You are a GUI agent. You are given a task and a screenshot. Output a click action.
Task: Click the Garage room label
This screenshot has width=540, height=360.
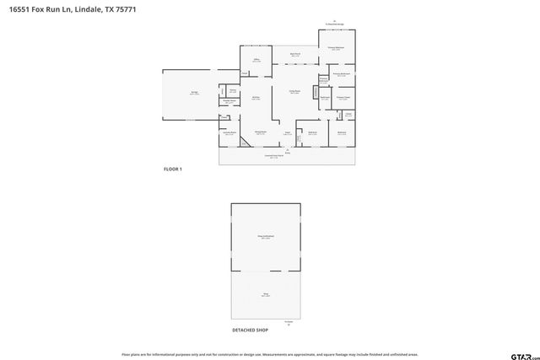[194, 94]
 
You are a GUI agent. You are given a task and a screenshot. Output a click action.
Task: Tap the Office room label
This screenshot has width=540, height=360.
[256, 61]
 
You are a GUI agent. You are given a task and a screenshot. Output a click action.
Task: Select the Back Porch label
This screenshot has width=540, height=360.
[295, 55]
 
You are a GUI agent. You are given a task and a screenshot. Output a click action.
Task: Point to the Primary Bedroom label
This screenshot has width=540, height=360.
[336, 49]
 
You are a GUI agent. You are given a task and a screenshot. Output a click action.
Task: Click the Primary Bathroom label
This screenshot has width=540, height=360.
[341, 75]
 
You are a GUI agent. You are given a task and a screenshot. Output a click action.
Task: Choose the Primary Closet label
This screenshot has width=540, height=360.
[343, 98]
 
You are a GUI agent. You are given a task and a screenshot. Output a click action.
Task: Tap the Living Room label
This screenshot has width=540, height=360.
[295, 93]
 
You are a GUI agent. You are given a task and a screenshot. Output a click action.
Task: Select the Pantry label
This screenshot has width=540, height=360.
[232, 91]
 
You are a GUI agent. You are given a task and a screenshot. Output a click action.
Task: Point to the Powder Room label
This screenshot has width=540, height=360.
[227, 103]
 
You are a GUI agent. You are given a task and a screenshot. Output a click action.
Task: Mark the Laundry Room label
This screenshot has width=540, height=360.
[229, 133]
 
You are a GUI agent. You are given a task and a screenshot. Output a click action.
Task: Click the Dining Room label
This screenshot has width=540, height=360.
[261, 132]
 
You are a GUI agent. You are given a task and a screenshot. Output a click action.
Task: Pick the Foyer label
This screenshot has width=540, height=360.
[287, 133]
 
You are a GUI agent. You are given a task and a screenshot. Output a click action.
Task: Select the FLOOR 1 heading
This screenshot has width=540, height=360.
[172, 169]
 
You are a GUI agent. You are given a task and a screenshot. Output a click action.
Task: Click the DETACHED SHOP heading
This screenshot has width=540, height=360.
[250, 330]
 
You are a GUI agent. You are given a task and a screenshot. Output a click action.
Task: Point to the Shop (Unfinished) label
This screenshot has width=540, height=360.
[265, 238]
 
